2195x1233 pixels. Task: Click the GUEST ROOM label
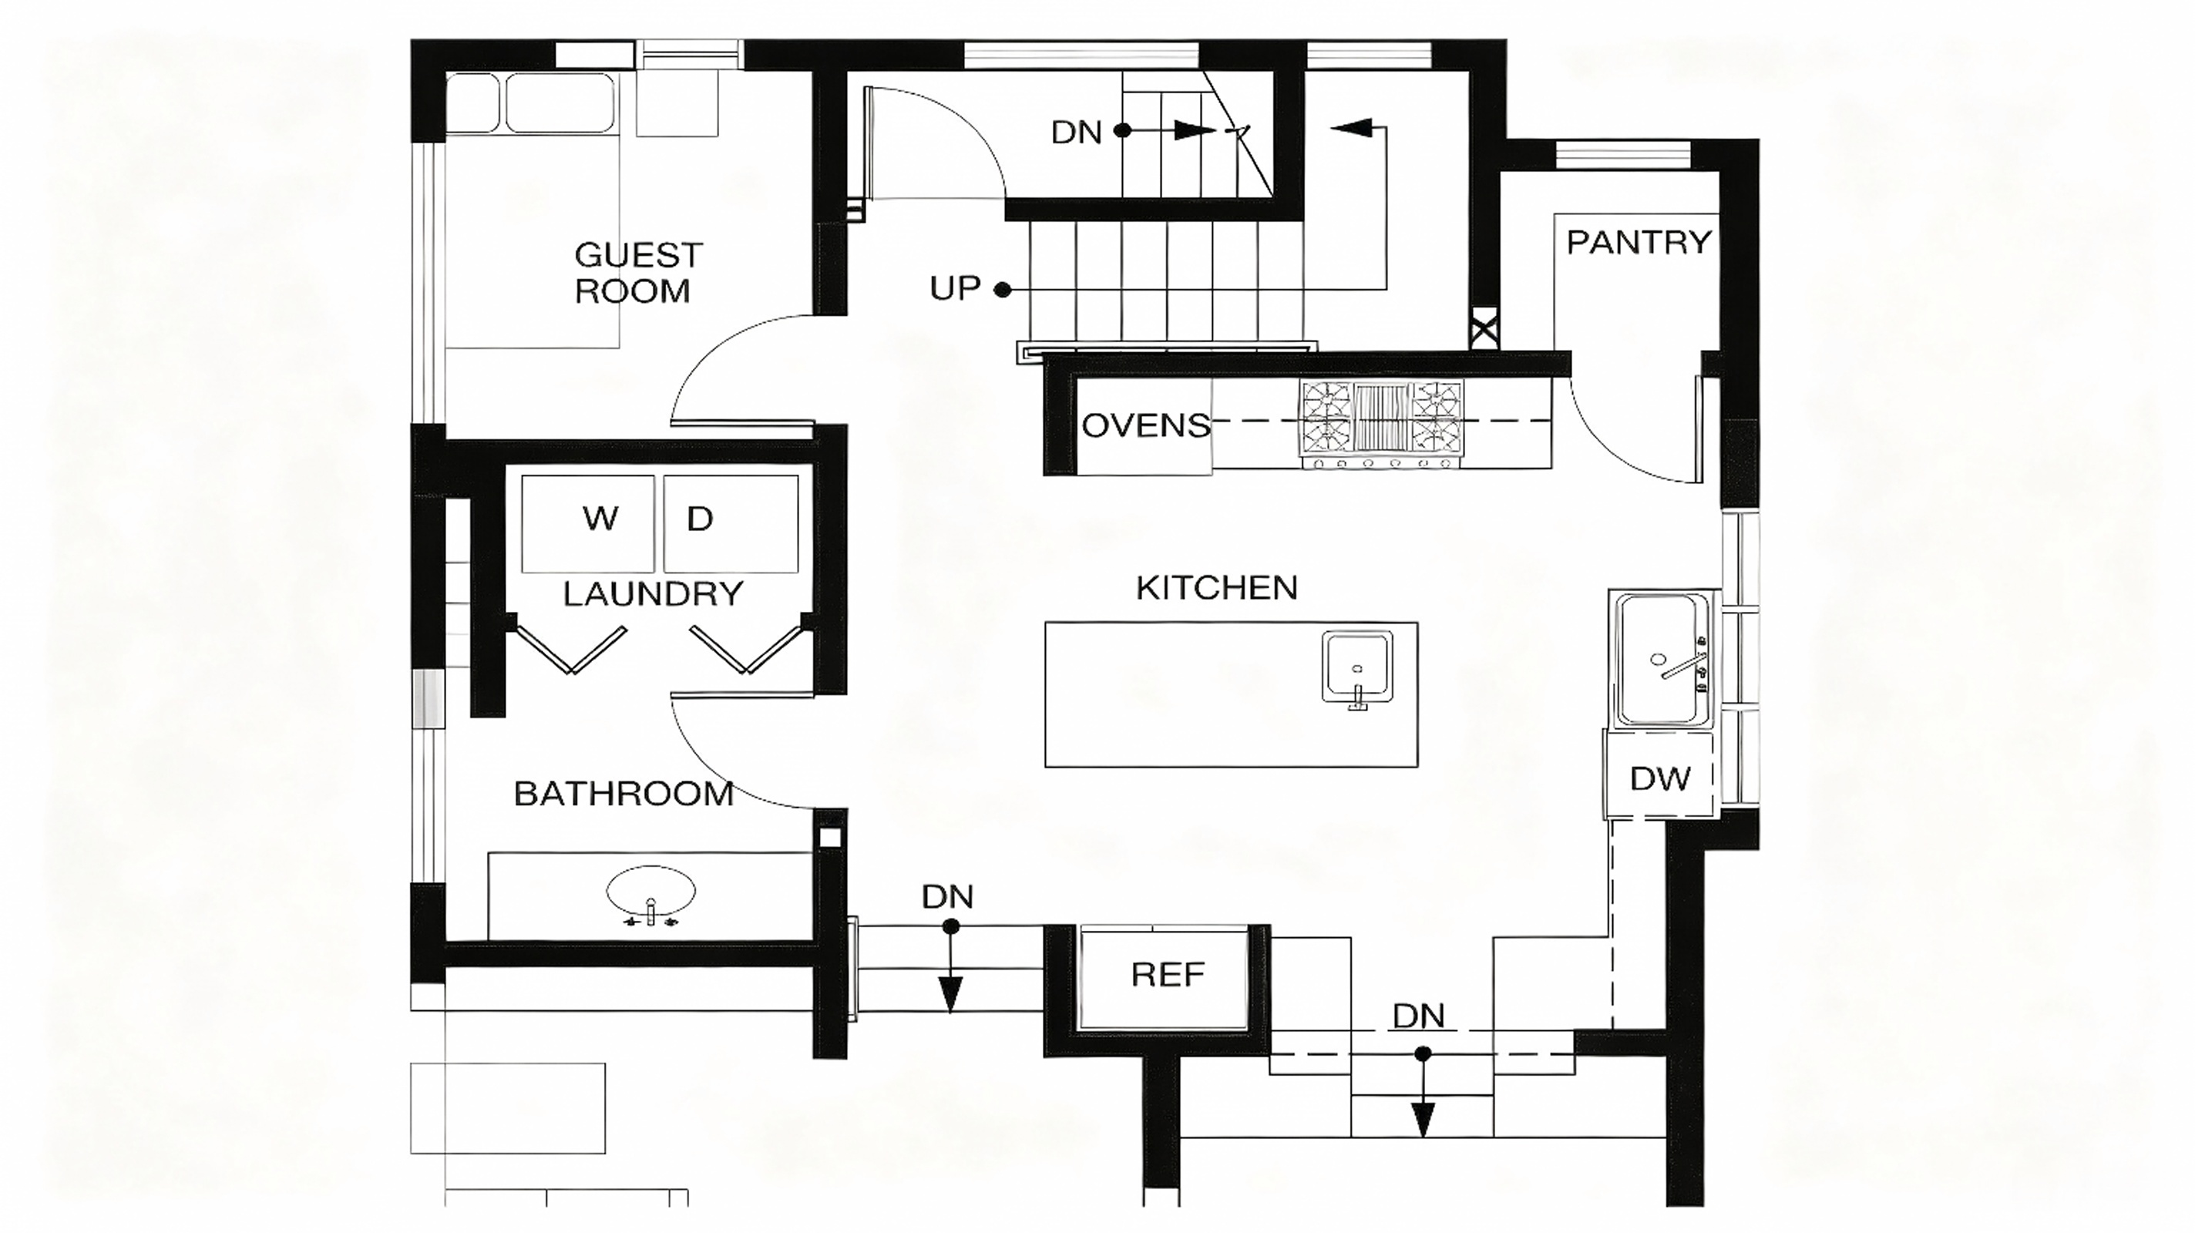pyautogui.click(x=638, y=273)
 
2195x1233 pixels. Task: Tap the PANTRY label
pyautogui.click(x=1639, y=243)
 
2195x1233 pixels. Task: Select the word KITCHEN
pyautogui.click(x=1217, y=588)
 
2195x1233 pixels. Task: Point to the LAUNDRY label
pyautogui.click(x=653, y=594)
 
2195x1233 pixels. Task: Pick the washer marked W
pyautogui.click(x=588, y=524)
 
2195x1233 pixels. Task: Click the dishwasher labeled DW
pyautogui.click(x=1659, y=776)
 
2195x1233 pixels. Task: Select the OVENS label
pyautogui.click(x=1146, y=425)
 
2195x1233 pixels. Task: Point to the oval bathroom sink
pyautogui.click(x=651, y=894)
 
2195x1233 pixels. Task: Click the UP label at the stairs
pyautogui.click(x=954, y=289)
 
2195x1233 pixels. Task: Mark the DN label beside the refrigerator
pyautogui.click(x=946, y=896)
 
